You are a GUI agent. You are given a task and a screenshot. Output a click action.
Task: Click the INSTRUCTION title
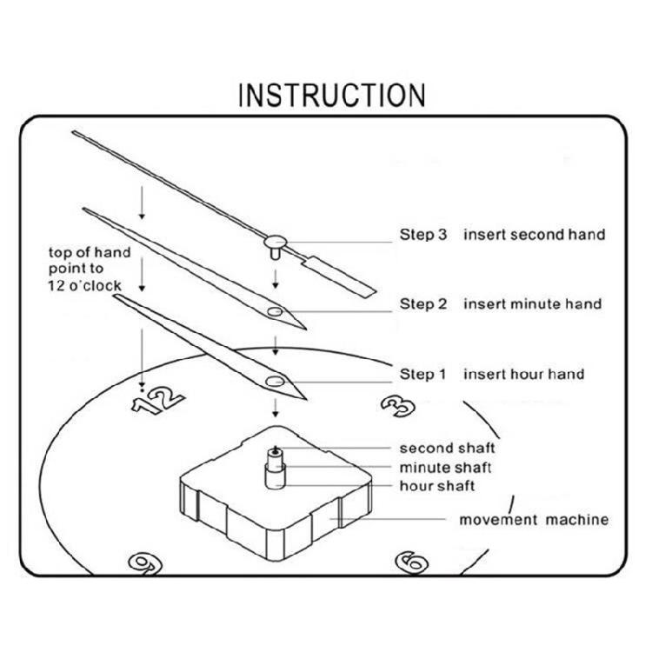pos(332,96)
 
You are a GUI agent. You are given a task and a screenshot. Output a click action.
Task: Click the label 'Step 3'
pos(422,235)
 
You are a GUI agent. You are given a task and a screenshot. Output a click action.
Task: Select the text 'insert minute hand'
pos(533,304)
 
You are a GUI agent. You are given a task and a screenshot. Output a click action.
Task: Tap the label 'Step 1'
pos(422,374)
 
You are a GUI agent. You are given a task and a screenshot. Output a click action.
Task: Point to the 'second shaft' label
pos(447,449)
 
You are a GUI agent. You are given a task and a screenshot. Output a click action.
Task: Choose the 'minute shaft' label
pos(445,468)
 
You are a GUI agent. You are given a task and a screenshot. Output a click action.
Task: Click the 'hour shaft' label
pos(437,486)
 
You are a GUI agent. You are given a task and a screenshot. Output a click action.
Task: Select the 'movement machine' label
pos(534,520)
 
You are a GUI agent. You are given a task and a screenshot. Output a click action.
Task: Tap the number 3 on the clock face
pos(398,406)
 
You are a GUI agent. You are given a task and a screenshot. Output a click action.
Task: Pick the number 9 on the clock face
pos(144,564)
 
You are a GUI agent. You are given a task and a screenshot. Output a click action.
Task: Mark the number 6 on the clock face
pos(412,562)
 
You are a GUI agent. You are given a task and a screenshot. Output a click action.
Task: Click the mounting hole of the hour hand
pos(275,381)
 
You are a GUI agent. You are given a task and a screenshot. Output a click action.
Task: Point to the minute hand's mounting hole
pos(275,311)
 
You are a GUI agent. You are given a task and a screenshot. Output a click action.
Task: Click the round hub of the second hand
pos(276,242)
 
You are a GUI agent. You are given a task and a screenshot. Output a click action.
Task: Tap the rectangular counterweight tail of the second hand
pos(339,277)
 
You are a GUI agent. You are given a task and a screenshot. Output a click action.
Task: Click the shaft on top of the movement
pos(276,468)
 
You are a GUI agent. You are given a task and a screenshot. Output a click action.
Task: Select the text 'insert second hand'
pos(535,235)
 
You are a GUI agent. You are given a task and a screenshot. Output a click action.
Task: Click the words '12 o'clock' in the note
pos(85,286)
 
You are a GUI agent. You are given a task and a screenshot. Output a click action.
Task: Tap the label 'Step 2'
pos(423,304)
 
